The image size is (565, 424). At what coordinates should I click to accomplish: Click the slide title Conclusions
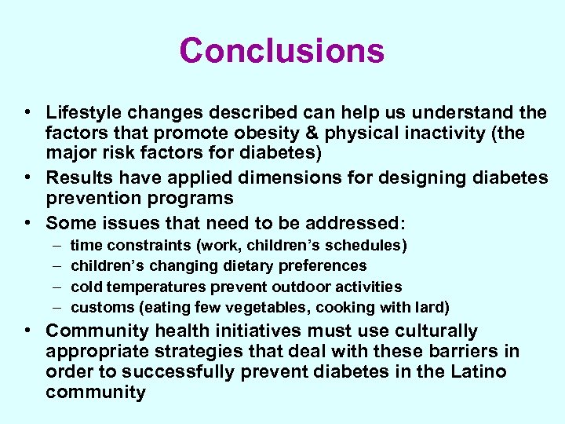[x=282, y=50]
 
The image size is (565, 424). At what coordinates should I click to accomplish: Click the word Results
[x=78, y=178]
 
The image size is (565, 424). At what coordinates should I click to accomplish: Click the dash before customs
[x=53, y=307]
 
